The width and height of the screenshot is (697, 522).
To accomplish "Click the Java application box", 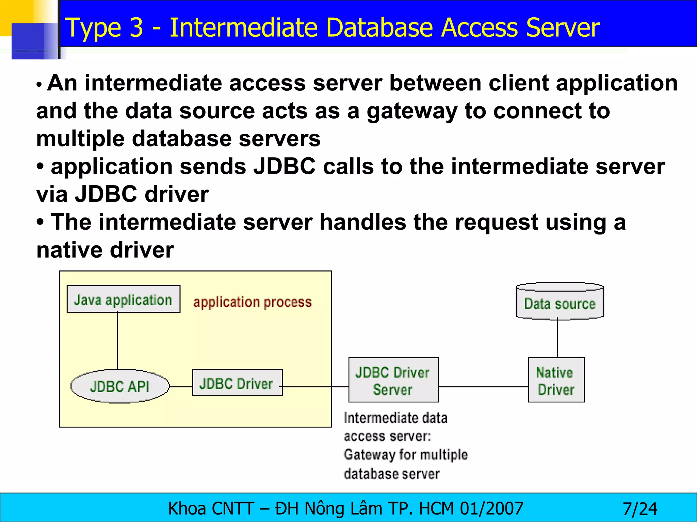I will coord(123,299).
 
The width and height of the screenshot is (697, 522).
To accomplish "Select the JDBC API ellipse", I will coord(120,386).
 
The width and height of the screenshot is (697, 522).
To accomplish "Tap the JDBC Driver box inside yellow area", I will coord(237,383).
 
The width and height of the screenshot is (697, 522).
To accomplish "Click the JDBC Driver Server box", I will coord(393,380).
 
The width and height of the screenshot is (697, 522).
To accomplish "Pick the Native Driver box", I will coord(556,380).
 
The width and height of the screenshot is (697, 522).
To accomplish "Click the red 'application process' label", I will coord(252,302).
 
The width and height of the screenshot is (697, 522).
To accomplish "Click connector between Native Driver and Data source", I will coord(557,338).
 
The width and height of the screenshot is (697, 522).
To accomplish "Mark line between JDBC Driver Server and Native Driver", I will coord(483,387).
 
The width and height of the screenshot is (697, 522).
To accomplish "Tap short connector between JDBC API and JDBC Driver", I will coord(181,387).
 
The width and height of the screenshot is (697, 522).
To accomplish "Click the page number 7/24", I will coord(640,509).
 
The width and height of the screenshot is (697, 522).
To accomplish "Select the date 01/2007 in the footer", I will coord(491,509).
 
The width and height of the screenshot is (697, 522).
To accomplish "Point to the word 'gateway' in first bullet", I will coord(412,111).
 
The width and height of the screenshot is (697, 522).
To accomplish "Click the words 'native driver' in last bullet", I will coord(105,250).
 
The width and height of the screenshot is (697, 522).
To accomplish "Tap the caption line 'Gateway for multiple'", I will coord(406,454).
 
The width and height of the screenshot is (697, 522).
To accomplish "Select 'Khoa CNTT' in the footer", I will coord(211,509).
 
